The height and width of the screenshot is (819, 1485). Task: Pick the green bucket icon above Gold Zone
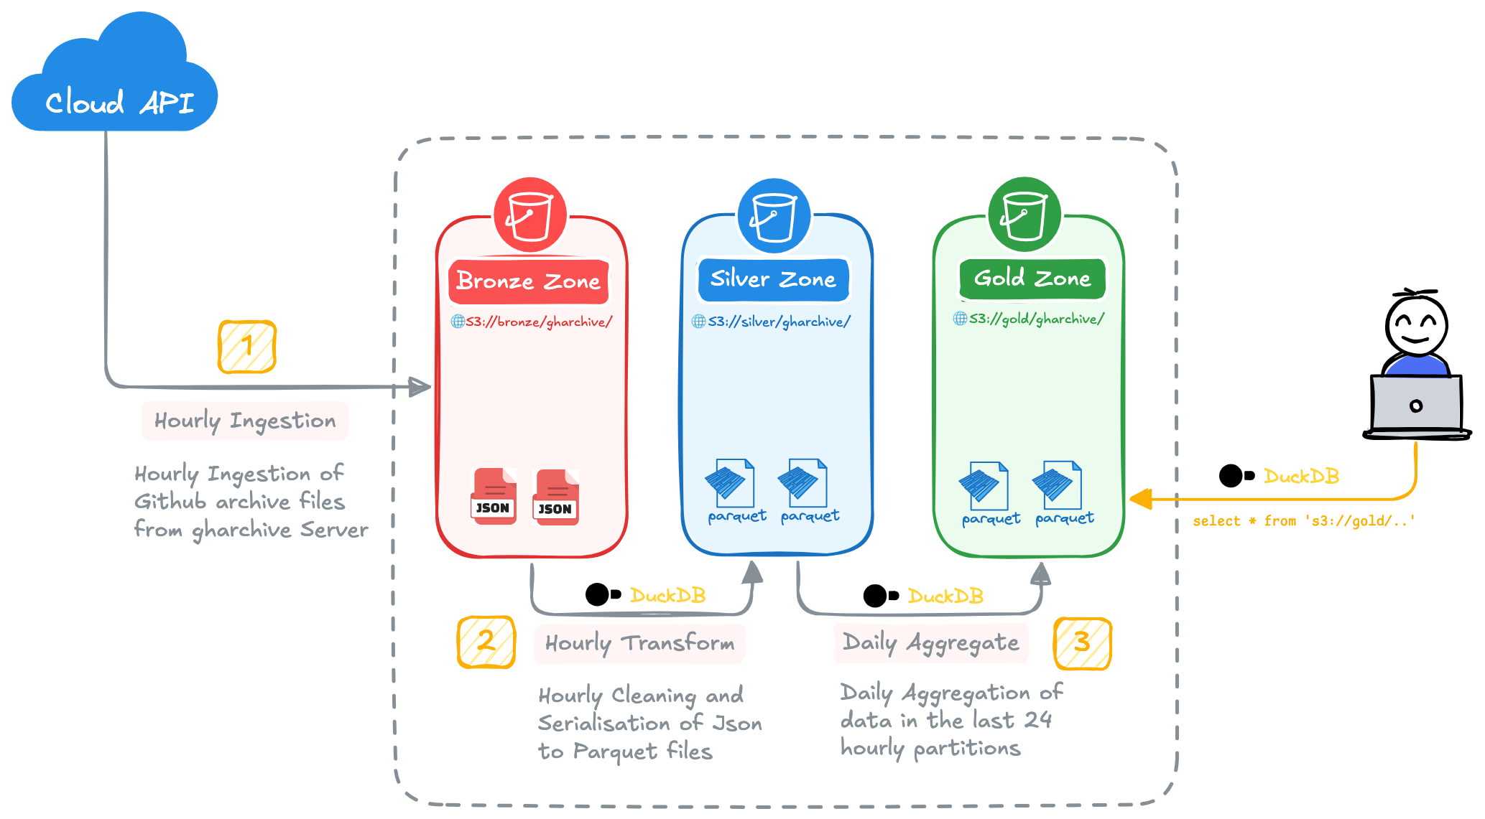pos(1024,215)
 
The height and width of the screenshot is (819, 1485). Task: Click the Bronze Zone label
pos(529,281)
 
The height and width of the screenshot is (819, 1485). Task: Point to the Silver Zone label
pos(773,279)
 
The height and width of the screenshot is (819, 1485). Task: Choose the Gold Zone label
pos(1032,279)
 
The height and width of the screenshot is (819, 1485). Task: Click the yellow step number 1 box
pos(247,347)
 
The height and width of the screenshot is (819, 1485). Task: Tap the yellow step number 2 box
pos(486,641)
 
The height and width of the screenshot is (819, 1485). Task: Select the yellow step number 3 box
pos(1082,643)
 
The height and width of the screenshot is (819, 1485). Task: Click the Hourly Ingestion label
pos(245,421)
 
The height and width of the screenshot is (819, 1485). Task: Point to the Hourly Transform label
pos(639,643)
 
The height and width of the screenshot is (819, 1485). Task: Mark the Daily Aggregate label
pos(930,642)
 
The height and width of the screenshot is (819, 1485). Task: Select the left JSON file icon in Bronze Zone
pos(494,496)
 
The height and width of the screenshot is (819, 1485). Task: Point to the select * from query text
pos(1303,521)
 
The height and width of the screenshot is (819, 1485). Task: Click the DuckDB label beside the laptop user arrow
pos(1301,477)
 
